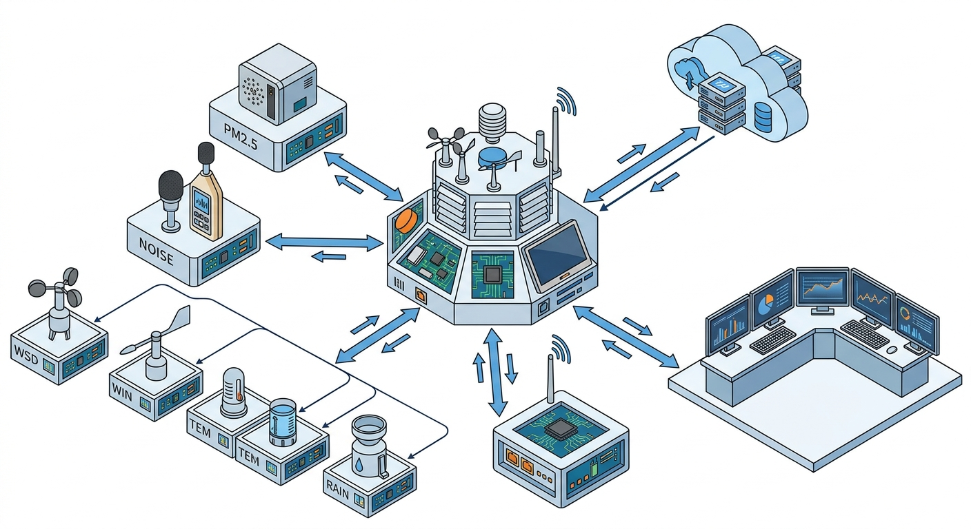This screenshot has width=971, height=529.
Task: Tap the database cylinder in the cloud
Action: pos(763,118)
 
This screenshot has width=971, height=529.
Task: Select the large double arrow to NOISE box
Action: pos(324,242)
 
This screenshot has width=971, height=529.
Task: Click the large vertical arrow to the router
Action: pos(495,372)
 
